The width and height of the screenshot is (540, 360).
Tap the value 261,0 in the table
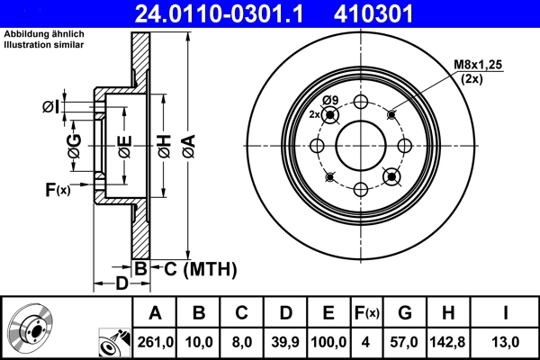[155, 342]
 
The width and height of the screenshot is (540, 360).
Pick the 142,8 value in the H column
[448, 342]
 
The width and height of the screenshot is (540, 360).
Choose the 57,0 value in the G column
[404, 342]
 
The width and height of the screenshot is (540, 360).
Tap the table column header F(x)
[367, 313]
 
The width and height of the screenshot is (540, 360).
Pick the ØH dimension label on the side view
[164, 144]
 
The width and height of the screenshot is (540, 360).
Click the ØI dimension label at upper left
[50, 108]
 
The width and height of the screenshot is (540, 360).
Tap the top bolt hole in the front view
[361, 102]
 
